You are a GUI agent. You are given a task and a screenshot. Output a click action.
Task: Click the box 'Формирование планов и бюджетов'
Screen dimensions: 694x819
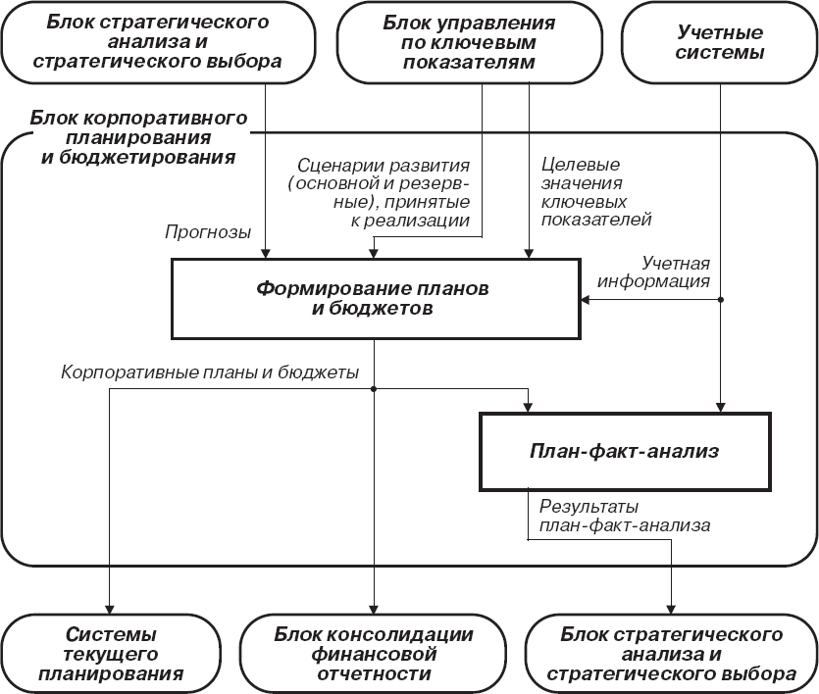pos(373,298)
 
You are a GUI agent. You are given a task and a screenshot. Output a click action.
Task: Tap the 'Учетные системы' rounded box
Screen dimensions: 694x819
pos(721,44)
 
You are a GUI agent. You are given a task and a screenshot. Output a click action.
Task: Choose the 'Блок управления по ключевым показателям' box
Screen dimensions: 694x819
pos(482,44)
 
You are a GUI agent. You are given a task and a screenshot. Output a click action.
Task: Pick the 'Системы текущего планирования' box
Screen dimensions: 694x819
pos(111,654)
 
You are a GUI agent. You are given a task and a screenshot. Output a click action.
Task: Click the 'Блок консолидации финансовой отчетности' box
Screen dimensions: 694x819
pos(373,654)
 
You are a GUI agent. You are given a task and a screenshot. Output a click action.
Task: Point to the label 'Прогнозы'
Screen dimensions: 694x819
pos(208,233)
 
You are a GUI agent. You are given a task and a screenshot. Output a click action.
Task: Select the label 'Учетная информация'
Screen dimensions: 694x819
pos(676,273)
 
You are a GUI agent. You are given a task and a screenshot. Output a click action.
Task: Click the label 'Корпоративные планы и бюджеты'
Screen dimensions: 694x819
pos(210,372)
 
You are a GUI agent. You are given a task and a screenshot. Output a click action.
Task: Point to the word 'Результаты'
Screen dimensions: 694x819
pos(589,507)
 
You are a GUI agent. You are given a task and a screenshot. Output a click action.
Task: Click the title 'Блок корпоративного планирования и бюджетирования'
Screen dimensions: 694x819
pos(137,136)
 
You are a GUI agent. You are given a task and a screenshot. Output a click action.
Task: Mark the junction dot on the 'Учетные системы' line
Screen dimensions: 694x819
pos(722,299)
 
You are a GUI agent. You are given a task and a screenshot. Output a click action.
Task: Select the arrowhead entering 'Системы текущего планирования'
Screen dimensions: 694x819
pos(110,608)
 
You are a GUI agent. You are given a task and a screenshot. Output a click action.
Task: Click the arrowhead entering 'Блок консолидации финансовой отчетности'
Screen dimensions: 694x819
pos(374,608)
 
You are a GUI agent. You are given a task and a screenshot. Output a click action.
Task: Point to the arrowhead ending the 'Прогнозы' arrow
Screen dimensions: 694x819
pos(266,254)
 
